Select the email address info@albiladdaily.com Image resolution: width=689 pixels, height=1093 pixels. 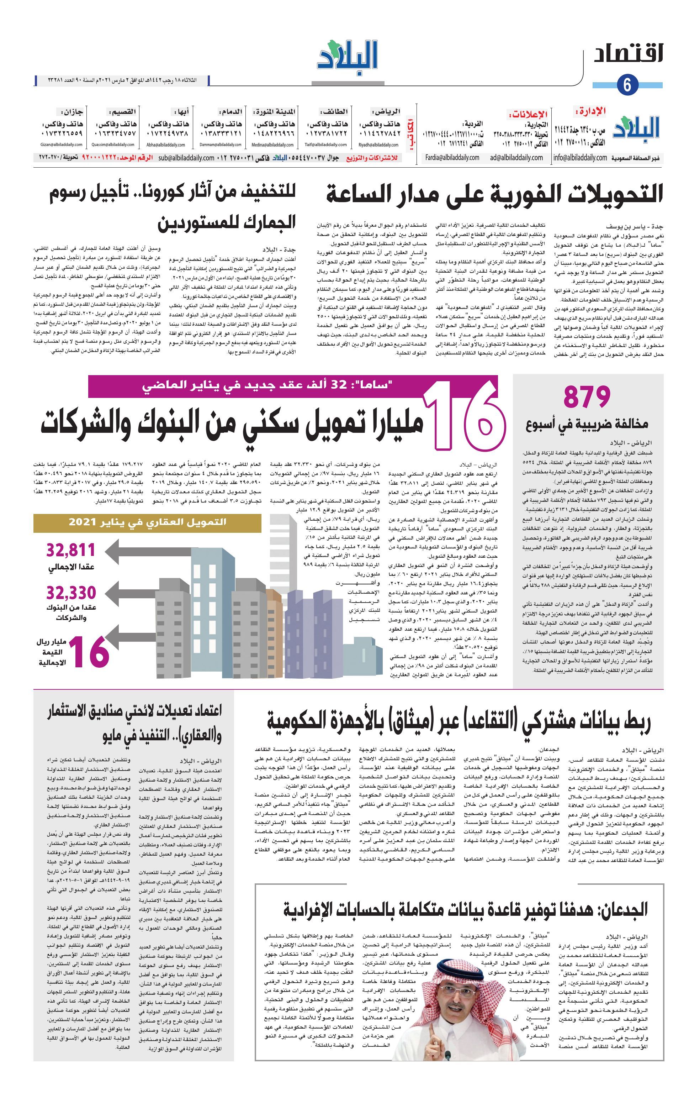pyautogui.click(x=580, y=158)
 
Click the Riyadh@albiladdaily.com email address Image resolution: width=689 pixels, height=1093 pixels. pyautogui.click(x=378, y=145)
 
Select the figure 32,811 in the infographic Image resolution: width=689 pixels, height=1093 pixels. pyautogui.click(x=71, y=550)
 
